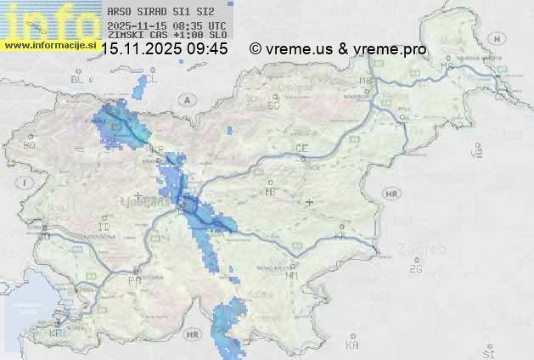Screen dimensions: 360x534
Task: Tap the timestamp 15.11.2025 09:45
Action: coord(164,49)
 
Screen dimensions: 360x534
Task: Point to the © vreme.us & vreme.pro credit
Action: coord(338,49)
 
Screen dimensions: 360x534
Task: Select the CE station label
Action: coord(301,149)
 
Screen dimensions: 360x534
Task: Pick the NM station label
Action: coord(292,275)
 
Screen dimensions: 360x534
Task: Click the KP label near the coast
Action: coord(56,333)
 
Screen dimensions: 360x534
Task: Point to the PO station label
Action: coord(133,279)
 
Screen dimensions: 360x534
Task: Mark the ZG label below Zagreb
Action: coord(415,268)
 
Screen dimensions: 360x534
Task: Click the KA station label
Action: coord(352,345)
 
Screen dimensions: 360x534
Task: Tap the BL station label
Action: coord(79,79)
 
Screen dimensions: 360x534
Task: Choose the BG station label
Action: coord(30,145)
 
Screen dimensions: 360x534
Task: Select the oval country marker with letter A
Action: coord(185,99)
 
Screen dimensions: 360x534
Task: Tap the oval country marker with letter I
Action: coord(26,183)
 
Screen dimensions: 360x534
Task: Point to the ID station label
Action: coord(104,228)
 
